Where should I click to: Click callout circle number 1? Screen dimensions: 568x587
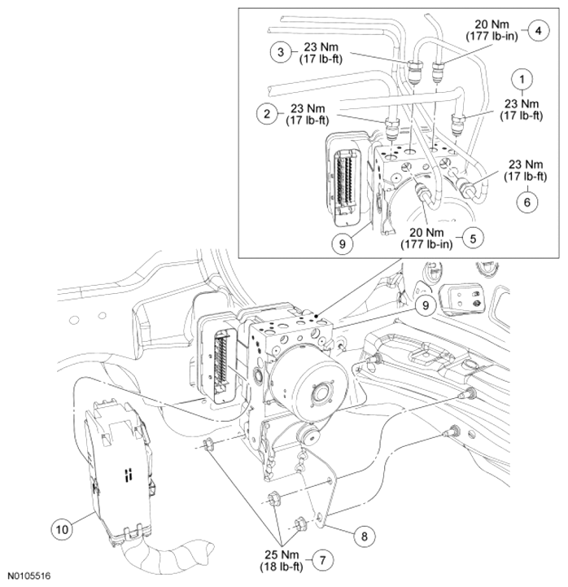click(x=522, y=79)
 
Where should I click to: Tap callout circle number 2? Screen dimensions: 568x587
click(x=267, y=113)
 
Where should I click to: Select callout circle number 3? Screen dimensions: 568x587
click(x=281, y=51)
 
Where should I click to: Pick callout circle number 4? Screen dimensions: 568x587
click(x=538, y=31)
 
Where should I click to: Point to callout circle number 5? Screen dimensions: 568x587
click(x=473, y=239)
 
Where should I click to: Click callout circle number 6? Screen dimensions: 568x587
click(x=526, y=203)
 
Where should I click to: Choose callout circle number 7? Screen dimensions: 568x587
click(x=322, y=560)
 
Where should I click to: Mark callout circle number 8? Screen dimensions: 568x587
click(x=364, y=537)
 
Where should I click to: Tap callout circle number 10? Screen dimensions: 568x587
click(x=62, y=529)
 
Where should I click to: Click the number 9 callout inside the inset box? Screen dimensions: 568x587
click(x=342, y=243)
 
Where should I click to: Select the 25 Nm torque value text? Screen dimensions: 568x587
click(x=282, y=554)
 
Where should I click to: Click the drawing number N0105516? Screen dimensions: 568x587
click(x=29, y=576)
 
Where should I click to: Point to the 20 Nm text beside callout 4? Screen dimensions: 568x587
click(x=492, y=24)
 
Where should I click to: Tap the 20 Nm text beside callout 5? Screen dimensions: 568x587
click(x=426, y=233)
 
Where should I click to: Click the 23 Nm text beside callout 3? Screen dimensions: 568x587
click(x=321, y=47)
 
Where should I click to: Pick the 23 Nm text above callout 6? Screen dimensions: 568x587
click(x=526, y=164)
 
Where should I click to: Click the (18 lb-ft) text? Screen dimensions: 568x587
click(x=282, y=567)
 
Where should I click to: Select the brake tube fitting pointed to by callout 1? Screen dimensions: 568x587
click(x=458, y=123)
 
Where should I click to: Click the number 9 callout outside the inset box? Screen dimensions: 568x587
click(x=425, y=305)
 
